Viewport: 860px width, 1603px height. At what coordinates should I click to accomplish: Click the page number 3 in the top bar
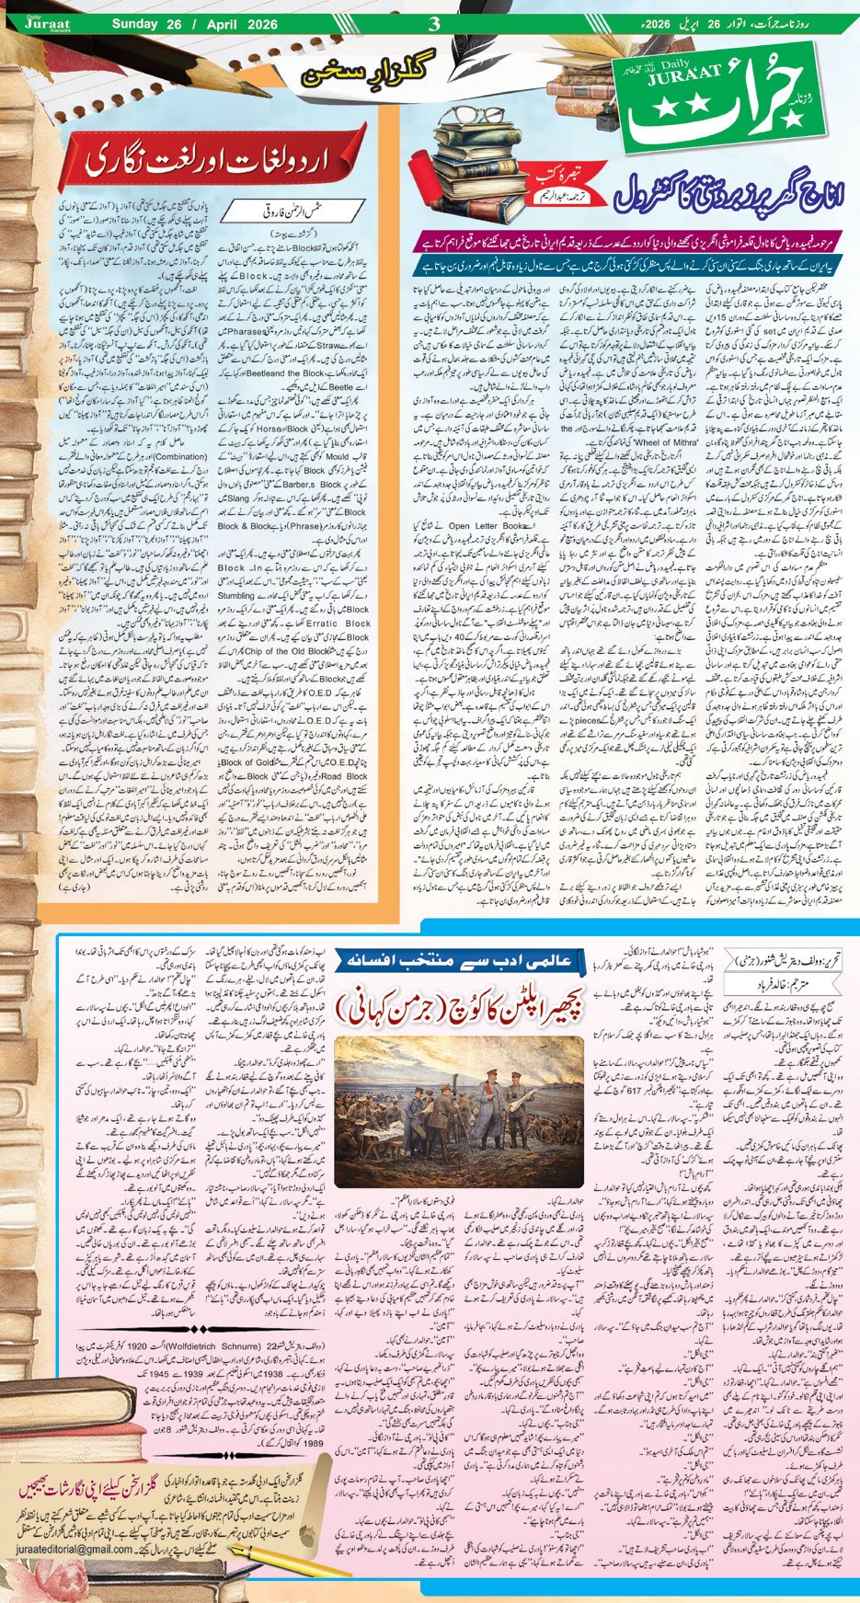point(434,23)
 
